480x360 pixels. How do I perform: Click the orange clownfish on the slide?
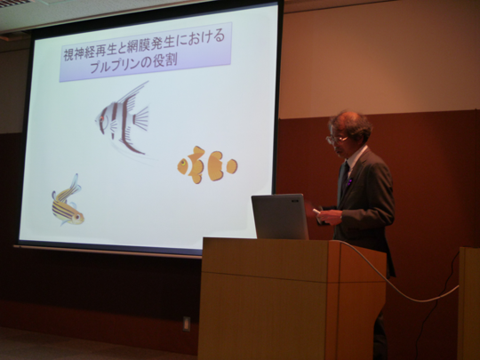[206, 165]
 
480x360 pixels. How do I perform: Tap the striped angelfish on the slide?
[123, 117]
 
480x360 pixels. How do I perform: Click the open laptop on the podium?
[279, 217]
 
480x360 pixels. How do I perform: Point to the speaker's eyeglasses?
[334, 139]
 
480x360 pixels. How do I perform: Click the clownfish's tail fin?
[231, 165]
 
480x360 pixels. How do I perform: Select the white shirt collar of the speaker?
[354, 158]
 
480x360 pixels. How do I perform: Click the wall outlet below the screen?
[186, 323]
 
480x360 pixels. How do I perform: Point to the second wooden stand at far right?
[468, 302]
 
